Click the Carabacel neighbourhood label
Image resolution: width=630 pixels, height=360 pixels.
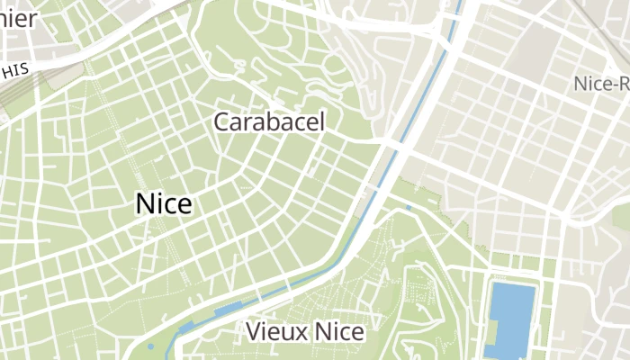tap(268, 122)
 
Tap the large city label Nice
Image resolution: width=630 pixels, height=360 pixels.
tap(163, 204)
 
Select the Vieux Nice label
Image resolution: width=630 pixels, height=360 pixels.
tap(305, 332)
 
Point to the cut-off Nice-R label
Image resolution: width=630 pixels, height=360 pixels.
tap(601, 85)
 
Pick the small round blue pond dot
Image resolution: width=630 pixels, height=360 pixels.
tap(150, 346)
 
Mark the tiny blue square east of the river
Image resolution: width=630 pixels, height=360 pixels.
tap(409, 208)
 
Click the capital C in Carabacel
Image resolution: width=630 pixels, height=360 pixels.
tap(220, 122)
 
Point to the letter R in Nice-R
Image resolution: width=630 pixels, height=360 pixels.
tap(623, 85)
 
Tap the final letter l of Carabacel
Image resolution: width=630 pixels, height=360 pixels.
tap(321, 121)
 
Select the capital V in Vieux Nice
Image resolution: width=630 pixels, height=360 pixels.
tap(253, 332)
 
